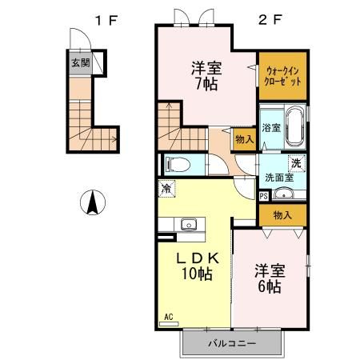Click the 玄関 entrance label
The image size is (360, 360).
(81, 63)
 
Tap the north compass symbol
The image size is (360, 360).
(93, 202)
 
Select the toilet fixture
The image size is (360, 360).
(178, 165)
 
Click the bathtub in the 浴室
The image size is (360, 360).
(294, 126)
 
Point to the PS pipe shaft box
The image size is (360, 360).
(264, 196)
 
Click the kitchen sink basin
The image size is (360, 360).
(189, 224)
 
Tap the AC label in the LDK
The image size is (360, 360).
(169, 317)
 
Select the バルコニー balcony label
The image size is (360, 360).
(232, 343)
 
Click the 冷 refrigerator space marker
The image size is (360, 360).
(166, 189)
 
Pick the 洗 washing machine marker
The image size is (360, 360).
(297, 163)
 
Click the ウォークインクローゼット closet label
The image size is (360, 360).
(282, 77)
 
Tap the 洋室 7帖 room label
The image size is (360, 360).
(206, 76)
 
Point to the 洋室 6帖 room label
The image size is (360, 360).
(270, 278)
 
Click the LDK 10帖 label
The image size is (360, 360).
(198, 266)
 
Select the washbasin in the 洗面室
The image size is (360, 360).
(283, 193)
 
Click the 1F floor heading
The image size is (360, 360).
(106, 20)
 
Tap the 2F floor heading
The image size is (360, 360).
(270, 19)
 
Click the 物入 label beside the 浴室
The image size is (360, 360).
(245, 139)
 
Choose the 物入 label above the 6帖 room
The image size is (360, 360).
(282, 215)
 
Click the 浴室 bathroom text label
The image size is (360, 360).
(271, 128)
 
